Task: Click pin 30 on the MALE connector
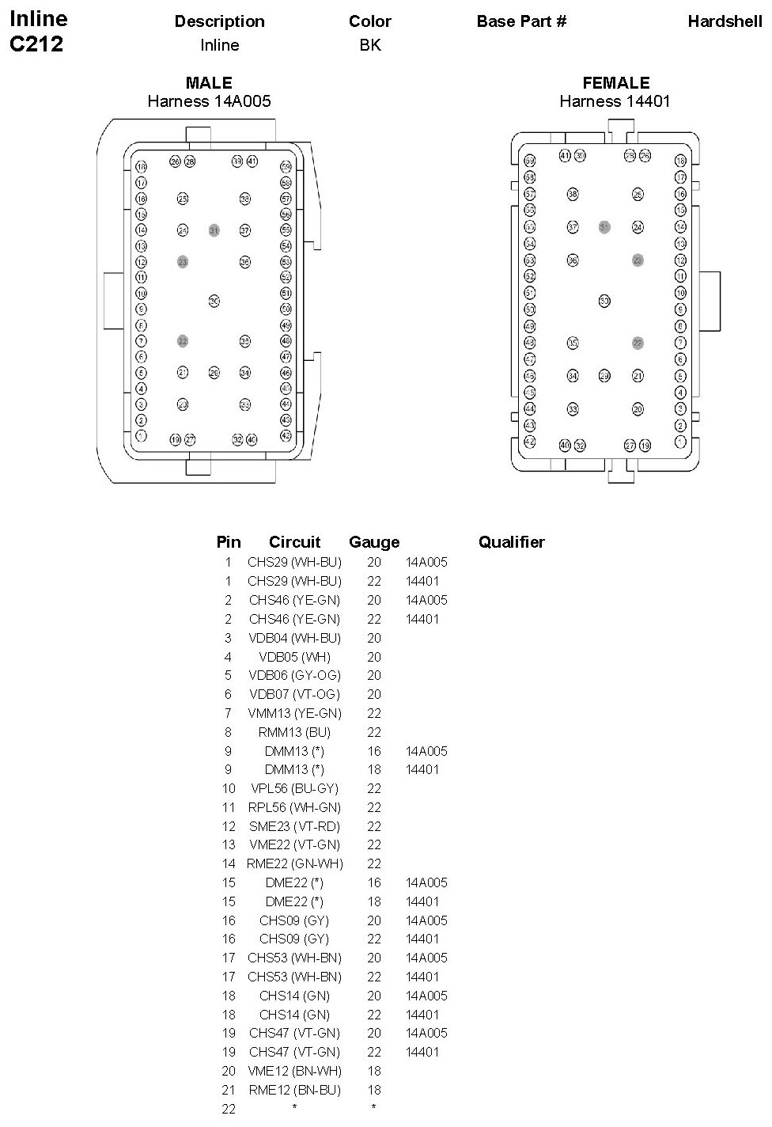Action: (214, 301)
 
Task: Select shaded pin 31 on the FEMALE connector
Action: (604, 227)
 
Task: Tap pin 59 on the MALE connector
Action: (286, 167)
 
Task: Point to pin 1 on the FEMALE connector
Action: (680, 442)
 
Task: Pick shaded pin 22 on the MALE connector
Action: (183, 341)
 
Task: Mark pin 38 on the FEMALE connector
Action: (573, 194)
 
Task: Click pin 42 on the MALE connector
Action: (286, 435)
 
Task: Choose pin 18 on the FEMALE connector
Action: (680, 161)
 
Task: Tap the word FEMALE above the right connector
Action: (615, 83)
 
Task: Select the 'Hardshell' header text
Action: (725, 21)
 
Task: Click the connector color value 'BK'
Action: (370, 45)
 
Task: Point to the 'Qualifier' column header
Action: (511, 542)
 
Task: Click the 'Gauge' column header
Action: (374, 542)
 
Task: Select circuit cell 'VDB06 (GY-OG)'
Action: (294, 675)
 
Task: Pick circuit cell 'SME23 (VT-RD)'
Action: (294, 826)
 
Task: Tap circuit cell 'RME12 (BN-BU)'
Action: (294, 1090)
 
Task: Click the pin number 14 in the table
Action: (229, 863)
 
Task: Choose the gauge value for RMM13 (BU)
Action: (374, 732)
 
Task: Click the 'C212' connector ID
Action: (36, 44)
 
